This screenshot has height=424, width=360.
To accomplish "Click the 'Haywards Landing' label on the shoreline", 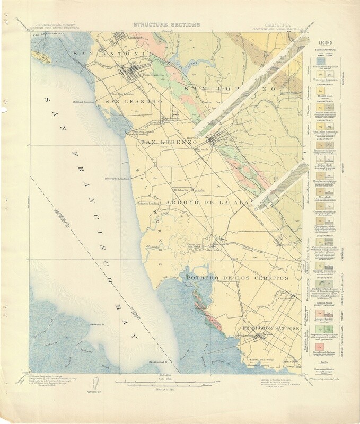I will click(116, 178).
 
